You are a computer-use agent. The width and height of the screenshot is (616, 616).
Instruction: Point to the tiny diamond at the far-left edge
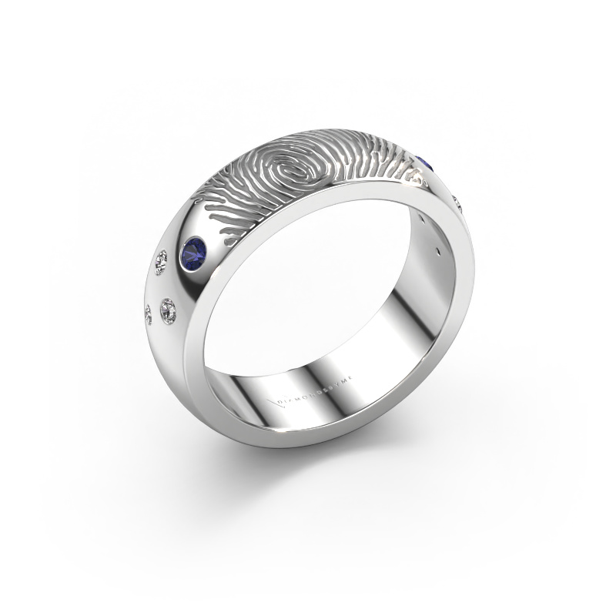149,312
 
